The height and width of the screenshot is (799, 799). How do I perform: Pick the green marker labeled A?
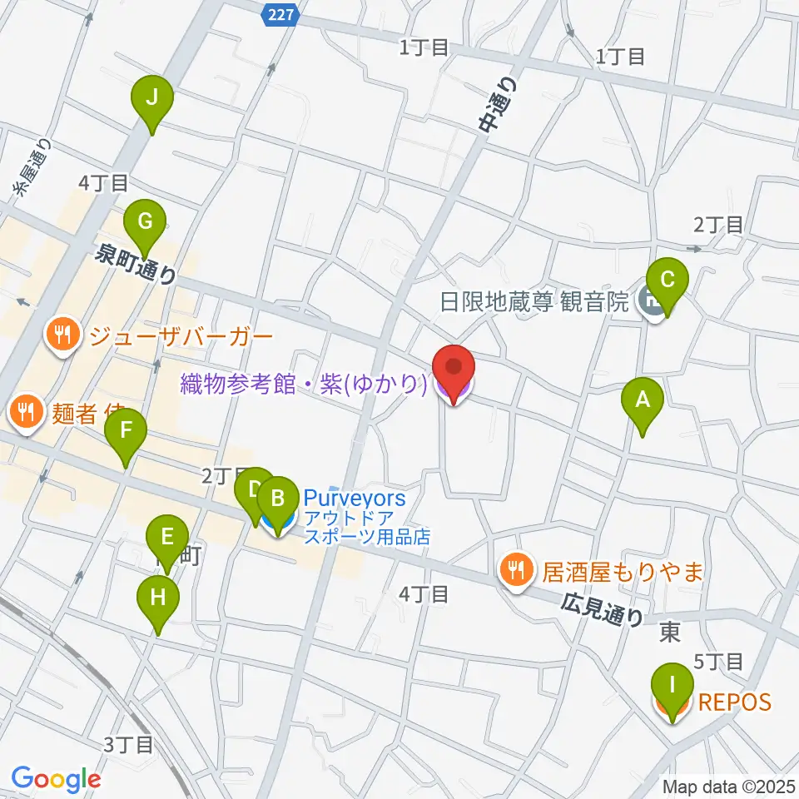(x=642, y=401)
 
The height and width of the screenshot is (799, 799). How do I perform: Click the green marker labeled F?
(x=127, y=433)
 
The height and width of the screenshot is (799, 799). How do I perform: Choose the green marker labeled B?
(x=278, y=501)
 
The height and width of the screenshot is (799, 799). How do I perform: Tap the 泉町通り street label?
(x=136, y=265)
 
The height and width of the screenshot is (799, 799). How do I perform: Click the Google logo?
(x=56, y=779)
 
